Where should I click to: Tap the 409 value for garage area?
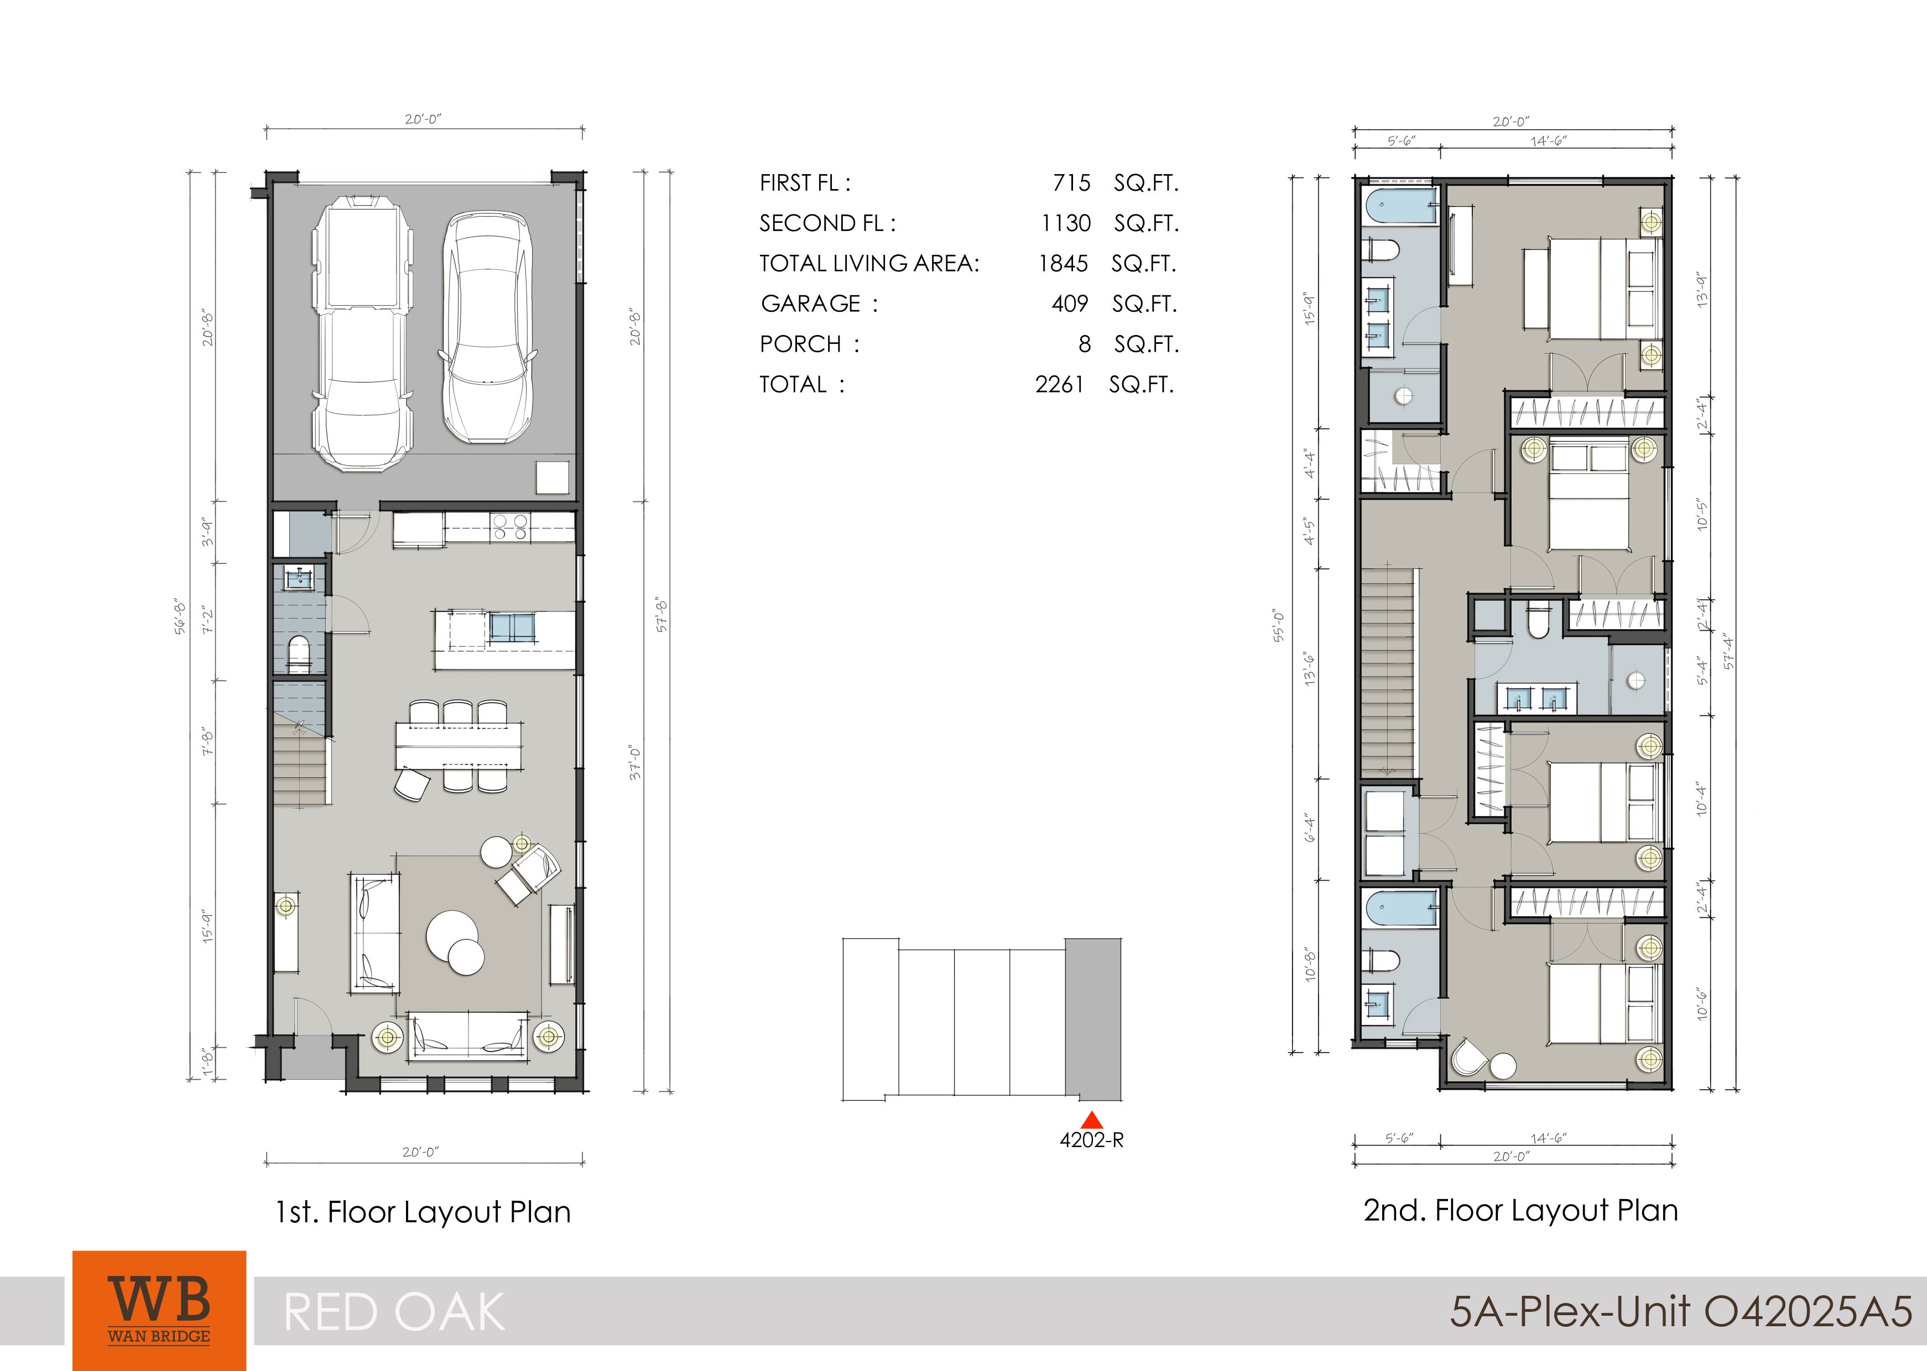pyautogui.click(x=1070, y=304)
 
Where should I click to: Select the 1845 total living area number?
pyautogui.click(x=1063, y=263)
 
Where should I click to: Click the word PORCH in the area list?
pyautogui.click(x=800, y=344)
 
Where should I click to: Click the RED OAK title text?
pyautogui.click(x=394, y=1313)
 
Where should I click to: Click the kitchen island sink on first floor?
pyautogui.click(x=512, y=628)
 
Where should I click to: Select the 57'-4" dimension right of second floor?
pyautogui.click(x=1728, y=651)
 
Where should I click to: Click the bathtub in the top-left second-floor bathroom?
pyautogui.click(x=1398, y=205)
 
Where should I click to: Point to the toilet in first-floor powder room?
pyautogui.click(x=299, y=654)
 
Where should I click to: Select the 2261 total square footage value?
pyautogui.click(x=1060, y=385)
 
